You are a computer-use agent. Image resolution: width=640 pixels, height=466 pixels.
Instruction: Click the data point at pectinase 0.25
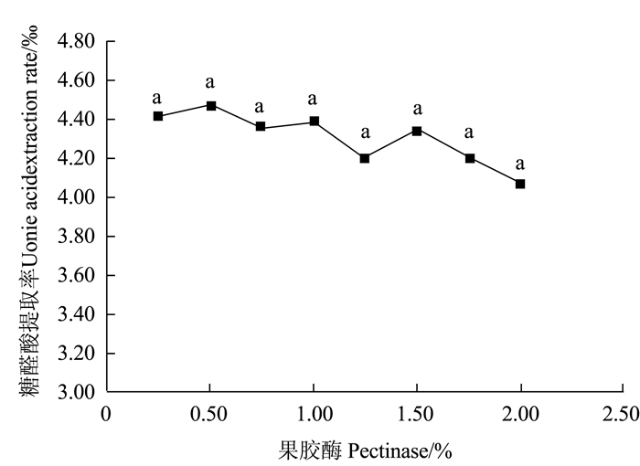point(158,116)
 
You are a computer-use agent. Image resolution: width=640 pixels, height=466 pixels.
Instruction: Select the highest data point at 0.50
point(211,106)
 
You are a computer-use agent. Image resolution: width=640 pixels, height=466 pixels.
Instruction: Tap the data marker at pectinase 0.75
point(261,127)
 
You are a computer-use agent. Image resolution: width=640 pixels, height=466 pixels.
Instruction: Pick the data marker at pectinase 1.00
point(314,122)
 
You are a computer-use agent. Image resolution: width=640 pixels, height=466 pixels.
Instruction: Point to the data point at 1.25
point(365,158)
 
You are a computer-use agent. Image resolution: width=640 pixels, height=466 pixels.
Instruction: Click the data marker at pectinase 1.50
point(417,131)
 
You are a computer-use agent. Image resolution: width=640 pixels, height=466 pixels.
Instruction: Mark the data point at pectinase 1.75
point(470,158)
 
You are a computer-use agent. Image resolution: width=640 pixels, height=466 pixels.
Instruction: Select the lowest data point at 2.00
point(520,184)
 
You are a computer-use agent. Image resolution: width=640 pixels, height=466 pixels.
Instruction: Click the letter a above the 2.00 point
point(520,164)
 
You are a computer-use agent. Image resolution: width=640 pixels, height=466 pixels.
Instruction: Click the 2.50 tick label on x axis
point(624,415)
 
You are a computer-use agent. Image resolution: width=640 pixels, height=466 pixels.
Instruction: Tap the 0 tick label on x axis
point(106,415)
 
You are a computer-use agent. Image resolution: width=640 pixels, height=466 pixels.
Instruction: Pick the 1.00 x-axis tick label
point(314,415)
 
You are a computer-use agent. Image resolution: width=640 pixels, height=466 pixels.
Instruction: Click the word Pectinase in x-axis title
point(366,450)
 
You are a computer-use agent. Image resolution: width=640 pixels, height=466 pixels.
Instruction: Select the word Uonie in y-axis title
point(30,241)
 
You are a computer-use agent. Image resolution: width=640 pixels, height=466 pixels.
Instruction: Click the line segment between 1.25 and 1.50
point(391,144)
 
